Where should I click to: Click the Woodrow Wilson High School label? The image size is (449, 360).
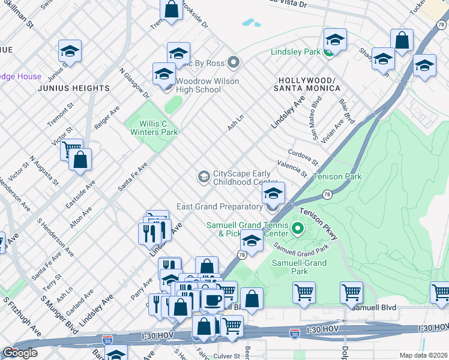click(199, 86)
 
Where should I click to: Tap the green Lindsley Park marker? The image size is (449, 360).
click(328, 53)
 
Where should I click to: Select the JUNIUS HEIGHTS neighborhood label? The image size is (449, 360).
click(74, 88)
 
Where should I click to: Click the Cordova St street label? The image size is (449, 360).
click(302, 158)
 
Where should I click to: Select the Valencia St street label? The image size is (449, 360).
click(292, 169)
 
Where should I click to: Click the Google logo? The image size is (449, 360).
click(20, 353)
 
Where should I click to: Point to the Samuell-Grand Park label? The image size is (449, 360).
click(298, 268)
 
